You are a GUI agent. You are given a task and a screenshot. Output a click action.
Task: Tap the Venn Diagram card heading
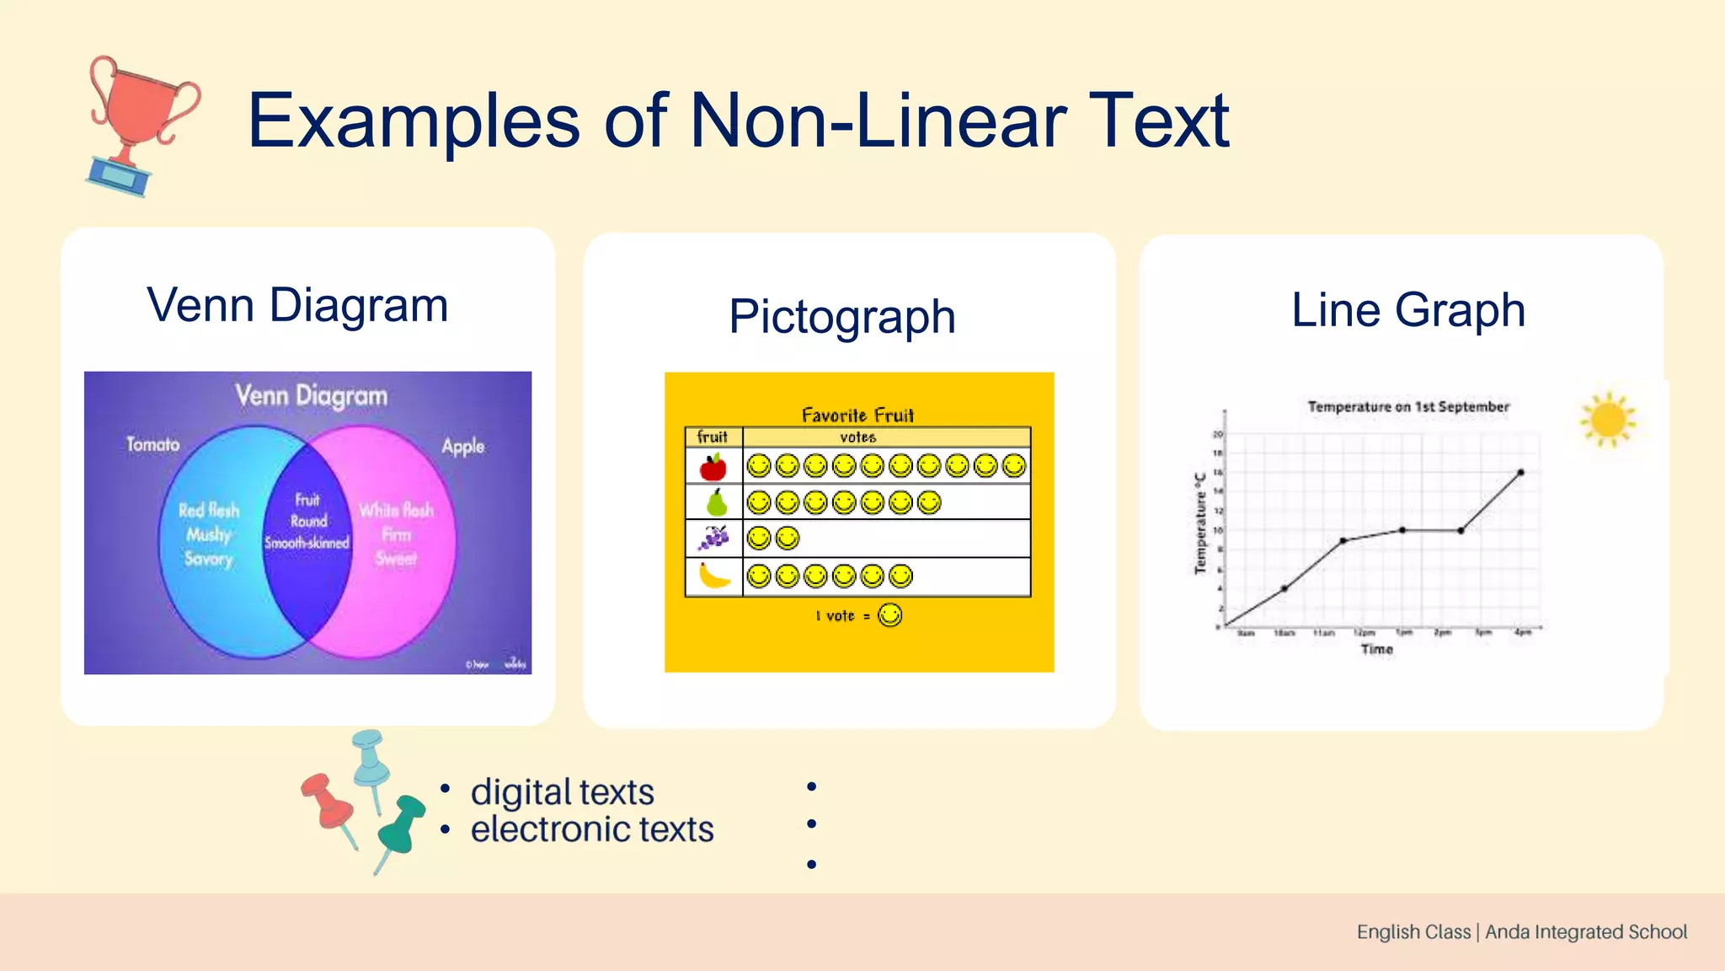pyautogui.click(x=297, y=305)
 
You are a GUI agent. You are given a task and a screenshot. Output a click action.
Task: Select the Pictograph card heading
pyautogui.click(x=841, y=317)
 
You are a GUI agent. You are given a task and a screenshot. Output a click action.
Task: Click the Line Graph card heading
pyautogui.click(x=1407, y=310)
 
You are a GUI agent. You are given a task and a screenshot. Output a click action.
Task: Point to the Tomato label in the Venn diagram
pyautogui.click(x=153, y=444)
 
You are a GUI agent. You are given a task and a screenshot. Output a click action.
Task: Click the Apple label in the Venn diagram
pyautogui.click(x=463, y=446)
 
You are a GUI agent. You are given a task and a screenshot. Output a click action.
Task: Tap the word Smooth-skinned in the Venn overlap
pyautogui.click(x=307, y=544)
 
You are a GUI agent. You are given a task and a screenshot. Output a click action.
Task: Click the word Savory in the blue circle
pyautogui.click(x=208, y=559)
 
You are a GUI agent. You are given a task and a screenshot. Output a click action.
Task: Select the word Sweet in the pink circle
pyautogui.click(x=396, y=559)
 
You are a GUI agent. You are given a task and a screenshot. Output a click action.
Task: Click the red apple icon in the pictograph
pyautogui.click(x=713, y=466)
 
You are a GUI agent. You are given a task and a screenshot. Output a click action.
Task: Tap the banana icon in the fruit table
pyautogui.click(x=714, y=577)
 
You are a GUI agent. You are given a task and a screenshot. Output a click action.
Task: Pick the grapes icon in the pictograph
pyautogui.click(x=714, y=538)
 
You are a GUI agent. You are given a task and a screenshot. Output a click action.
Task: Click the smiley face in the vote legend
pyautogui.click(x=889, y=615)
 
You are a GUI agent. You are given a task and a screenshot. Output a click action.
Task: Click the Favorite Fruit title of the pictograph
pyautogui.click(x=857, y=416)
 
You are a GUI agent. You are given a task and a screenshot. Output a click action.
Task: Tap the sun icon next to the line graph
pyautogui.click(x=1607, y=419)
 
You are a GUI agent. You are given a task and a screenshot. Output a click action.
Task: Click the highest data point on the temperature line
pyautogui.click(x=1520, y=473)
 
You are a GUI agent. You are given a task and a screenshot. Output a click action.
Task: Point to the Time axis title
pyautogui.click(x=1376, y=649)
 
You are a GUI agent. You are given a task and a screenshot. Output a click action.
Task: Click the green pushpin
pyautogui.click(x=401, y=826)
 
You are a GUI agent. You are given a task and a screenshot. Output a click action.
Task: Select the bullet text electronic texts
pyautogui.click(x=591, y=829)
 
